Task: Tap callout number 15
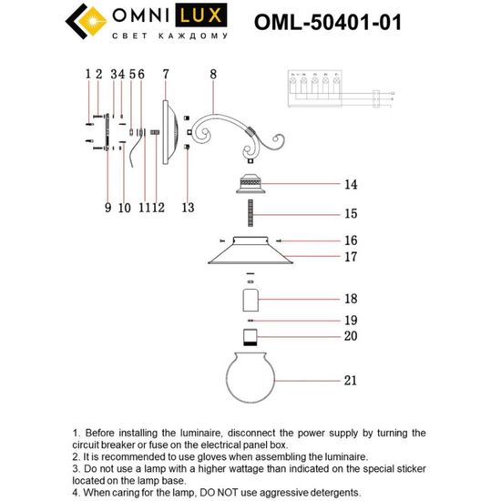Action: (350, 215)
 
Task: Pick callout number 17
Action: (350, 257)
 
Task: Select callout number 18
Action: (350, 299)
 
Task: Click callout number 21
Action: (350, 380)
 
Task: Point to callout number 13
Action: (187, 208)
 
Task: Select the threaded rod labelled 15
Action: (249, 216)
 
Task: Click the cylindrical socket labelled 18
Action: (249, 300)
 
